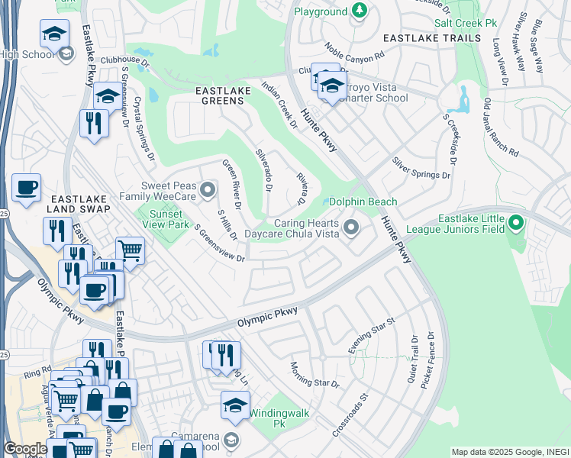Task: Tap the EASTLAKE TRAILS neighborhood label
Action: click(x=421, y=37)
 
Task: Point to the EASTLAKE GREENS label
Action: click(x=229, y=91)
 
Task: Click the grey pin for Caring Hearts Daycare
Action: click(x=351, y=227)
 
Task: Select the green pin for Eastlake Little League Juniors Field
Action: click(x=516, y=224)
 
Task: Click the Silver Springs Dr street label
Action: click(x=421, y=168)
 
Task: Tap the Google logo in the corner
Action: click(x=24, y=450)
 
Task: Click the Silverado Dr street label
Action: click(x=264, y=169)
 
